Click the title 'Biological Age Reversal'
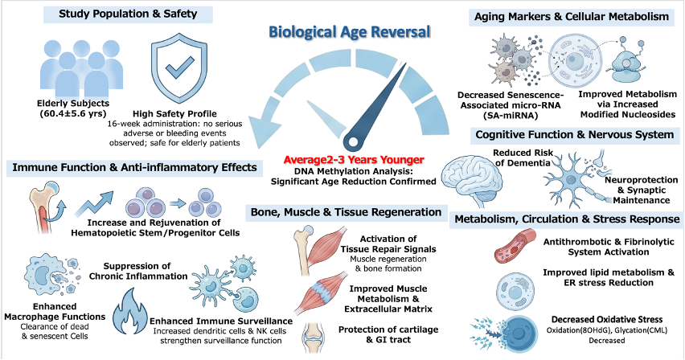tap(349, 32)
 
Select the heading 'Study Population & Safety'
tap(128, 14)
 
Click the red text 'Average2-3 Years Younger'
tap(354, 160)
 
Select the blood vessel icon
tap(515, 247)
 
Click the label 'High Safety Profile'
tap(174, 113)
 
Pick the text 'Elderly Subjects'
tap(73, 104)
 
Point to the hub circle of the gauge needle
tap(352, 142)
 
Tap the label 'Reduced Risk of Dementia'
tap(523, 157)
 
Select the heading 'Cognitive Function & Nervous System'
tap(575, 134)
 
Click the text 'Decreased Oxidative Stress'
tap(607, 319)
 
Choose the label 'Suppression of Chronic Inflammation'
tap(138, 271)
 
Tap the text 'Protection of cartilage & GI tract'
tap(388, 334)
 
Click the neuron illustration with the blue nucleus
tap(572, 179)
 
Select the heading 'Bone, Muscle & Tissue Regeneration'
tap(346, 212)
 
